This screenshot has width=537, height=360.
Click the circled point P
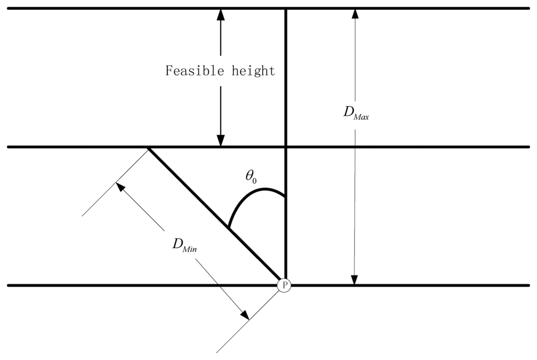(x=284, y=286)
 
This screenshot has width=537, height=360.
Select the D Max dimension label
(x=356, y=114)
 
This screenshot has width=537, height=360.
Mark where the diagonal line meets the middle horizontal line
(x=148, y=148)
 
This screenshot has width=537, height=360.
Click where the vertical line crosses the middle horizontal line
(x=286, y=147)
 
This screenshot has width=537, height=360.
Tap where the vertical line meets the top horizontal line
(x=286, y=9)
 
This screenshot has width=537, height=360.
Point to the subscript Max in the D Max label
(x=361, y=117)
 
